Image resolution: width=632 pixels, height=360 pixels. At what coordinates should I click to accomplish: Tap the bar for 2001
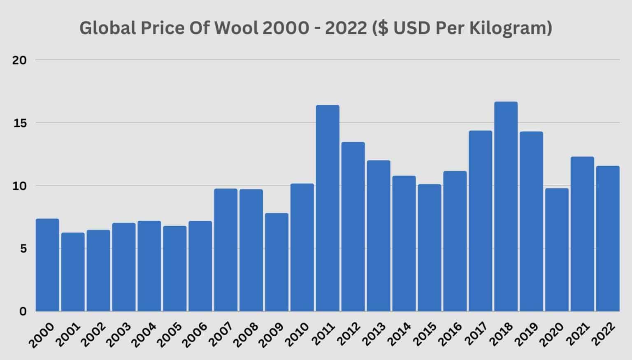(x=73, y=272)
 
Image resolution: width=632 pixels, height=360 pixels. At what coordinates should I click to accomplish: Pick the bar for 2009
(x=276, y=262)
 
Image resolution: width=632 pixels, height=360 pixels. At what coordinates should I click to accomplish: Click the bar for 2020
(x=557, y=250)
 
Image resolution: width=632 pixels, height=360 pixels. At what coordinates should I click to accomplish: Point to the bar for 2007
(x=225, y=250)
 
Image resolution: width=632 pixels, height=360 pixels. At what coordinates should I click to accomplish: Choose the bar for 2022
(x=608, y=239)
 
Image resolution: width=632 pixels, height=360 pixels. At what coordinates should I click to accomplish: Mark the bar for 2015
(x=430, y=248)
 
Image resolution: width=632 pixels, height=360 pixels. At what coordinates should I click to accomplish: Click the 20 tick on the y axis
(x=19, y=60)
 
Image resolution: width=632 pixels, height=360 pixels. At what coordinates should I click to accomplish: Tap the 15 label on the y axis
(x=19, y=123)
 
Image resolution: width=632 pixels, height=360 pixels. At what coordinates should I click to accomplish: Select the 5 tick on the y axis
(x=22, y=249)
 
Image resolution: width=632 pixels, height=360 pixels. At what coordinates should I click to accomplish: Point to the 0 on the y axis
(x=23, y=311)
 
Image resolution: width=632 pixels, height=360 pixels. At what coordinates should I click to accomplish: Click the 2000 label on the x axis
(x=42, y=334)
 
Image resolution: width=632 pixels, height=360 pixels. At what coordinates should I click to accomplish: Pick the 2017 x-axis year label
(x=475, y=334)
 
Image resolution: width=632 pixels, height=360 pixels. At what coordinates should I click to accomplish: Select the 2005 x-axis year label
(x=170, y=334)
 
